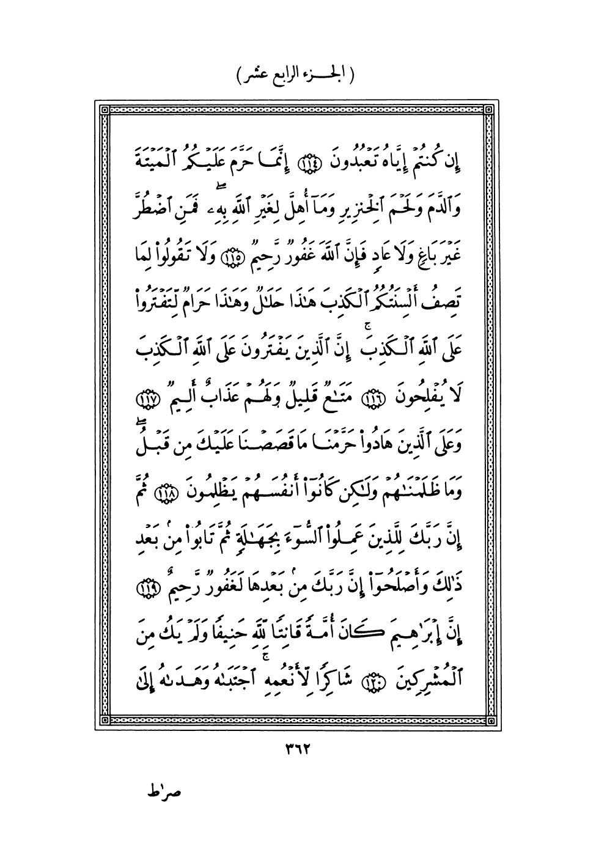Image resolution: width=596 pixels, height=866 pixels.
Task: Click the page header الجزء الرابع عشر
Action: [296, 77]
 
